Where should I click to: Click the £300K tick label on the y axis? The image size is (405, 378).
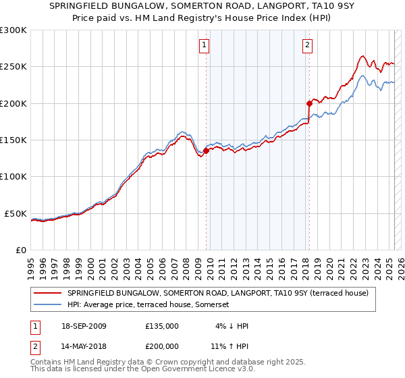[13, 30]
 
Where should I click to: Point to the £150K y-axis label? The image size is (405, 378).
[13, 140]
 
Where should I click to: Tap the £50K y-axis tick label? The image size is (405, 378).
[16, 213]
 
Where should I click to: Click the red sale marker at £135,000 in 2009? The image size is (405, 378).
[207, 151]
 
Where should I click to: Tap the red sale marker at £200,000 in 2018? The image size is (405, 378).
[309, 103]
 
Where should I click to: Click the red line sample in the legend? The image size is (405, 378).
[48, 294]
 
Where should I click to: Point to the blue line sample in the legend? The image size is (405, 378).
[48, 305]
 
